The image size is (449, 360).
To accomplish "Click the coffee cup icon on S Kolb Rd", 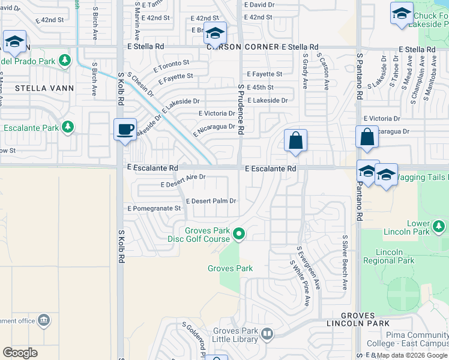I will point(125,129).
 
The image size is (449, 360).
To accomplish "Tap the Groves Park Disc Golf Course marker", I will point(239,233).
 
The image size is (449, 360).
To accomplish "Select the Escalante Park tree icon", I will point(68,127).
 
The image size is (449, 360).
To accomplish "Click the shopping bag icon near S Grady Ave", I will point(295,141).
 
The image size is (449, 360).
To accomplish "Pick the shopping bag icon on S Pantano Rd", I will point(367,137).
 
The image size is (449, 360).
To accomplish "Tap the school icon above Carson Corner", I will point(214,33).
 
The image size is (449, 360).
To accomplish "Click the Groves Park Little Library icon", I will point(267,332).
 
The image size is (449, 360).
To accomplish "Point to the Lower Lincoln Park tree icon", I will point(439,227).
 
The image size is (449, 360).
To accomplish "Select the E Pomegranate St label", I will point(154,208).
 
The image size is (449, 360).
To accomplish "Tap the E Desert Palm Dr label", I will point(211,201).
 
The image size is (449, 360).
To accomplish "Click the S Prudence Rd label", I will point(241,108).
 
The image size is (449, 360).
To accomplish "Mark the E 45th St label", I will point(260,87).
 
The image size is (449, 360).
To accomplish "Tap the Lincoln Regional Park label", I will point(388,256).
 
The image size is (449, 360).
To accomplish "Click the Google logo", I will point(20,352).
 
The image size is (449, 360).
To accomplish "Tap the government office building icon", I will point(43,320).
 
